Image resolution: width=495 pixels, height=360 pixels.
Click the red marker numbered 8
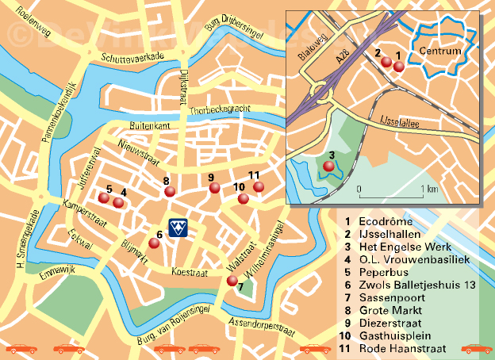168,191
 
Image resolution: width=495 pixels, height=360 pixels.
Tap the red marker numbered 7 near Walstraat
232,280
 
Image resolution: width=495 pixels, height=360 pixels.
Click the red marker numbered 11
259,186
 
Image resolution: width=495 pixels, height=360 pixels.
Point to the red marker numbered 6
155,243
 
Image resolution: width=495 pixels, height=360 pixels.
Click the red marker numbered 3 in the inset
328,166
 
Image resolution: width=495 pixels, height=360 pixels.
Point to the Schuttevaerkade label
132,58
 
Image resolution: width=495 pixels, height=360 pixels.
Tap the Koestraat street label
190,271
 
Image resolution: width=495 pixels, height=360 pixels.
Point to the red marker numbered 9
214,188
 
